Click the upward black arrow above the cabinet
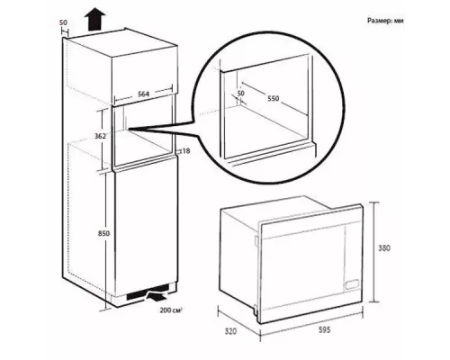(x=94, y=20)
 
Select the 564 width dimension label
(x=143, y=94)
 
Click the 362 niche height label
(x=100, y=136)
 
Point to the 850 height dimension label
(x=103, y=233)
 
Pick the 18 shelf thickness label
(x=186, y=151)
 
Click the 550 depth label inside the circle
(x=274, y=98)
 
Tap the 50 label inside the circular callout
(x=240, y=94)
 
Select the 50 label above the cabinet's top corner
(x=63, y=22)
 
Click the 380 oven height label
(x=384, y=248)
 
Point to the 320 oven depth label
(x=230, y=331)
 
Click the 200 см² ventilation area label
(x=171, y=310)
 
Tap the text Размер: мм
(x=385, y=21)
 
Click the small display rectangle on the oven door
(x=352, y=284)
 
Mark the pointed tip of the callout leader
(x=129, y=129)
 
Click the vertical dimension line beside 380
(x=373, y=252)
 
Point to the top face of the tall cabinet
(x=121, y=42)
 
